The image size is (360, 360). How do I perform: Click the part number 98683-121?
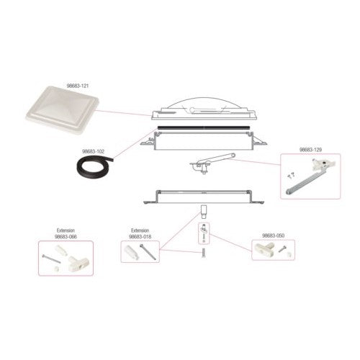coord(77,86)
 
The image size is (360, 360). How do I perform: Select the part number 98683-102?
coord(94,152)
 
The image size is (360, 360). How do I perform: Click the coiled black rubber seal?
coord(94,166)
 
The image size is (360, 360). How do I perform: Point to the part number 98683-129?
coord(310,150)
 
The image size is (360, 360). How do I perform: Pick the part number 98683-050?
coord(274,235)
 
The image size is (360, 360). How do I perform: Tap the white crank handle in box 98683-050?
coord(264,248)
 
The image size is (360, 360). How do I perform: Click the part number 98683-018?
coord(140,237)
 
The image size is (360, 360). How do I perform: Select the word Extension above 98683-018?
coord(140,230)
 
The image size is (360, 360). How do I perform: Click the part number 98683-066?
coord(66,237)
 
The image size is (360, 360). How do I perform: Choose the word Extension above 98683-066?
coord(66,230)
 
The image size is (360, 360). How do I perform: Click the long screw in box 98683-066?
coord(51,260)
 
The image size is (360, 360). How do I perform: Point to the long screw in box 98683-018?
coord(148,251)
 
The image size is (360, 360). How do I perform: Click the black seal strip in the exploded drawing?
coord(204,127)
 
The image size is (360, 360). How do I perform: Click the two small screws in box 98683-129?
coord(292,175)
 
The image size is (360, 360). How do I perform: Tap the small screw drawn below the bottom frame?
coord(204,252)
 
